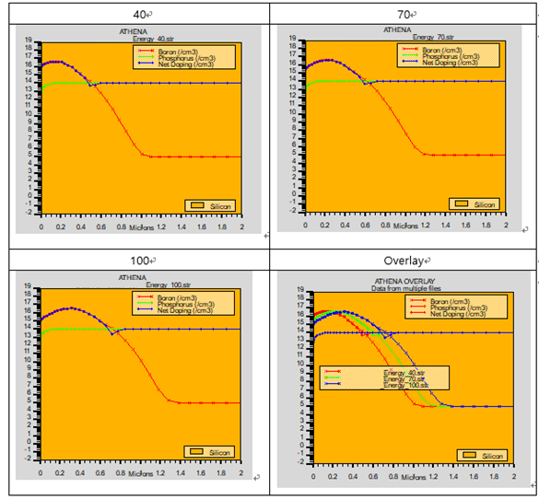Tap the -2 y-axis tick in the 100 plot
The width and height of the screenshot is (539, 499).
(29, 458)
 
